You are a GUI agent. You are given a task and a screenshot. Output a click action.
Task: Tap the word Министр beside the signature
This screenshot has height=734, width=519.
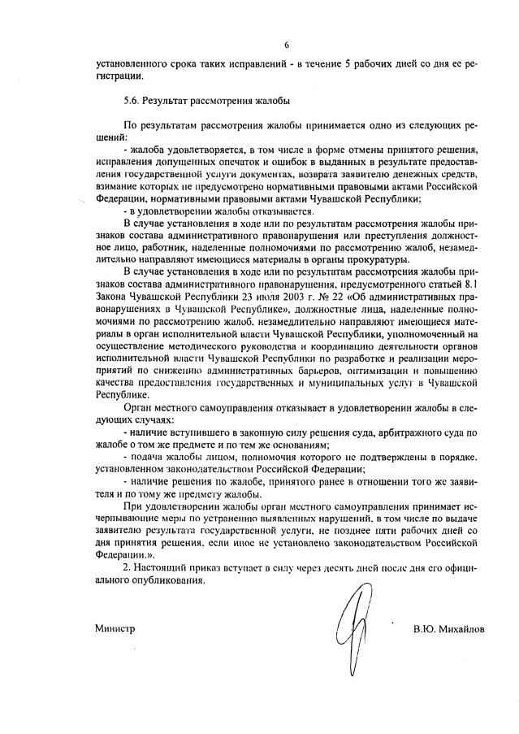point(113,629)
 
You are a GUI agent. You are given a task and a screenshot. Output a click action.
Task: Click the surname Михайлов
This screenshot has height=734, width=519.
point(458,629)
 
